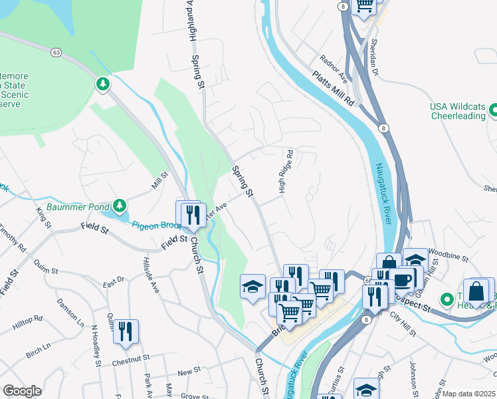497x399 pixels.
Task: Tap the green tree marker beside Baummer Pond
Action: coord(119,204)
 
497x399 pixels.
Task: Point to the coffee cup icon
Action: coord(403,278)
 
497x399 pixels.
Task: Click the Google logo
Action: coord(22,391)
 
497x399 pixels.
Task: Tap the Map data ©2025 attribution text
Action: coord(468,394)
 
